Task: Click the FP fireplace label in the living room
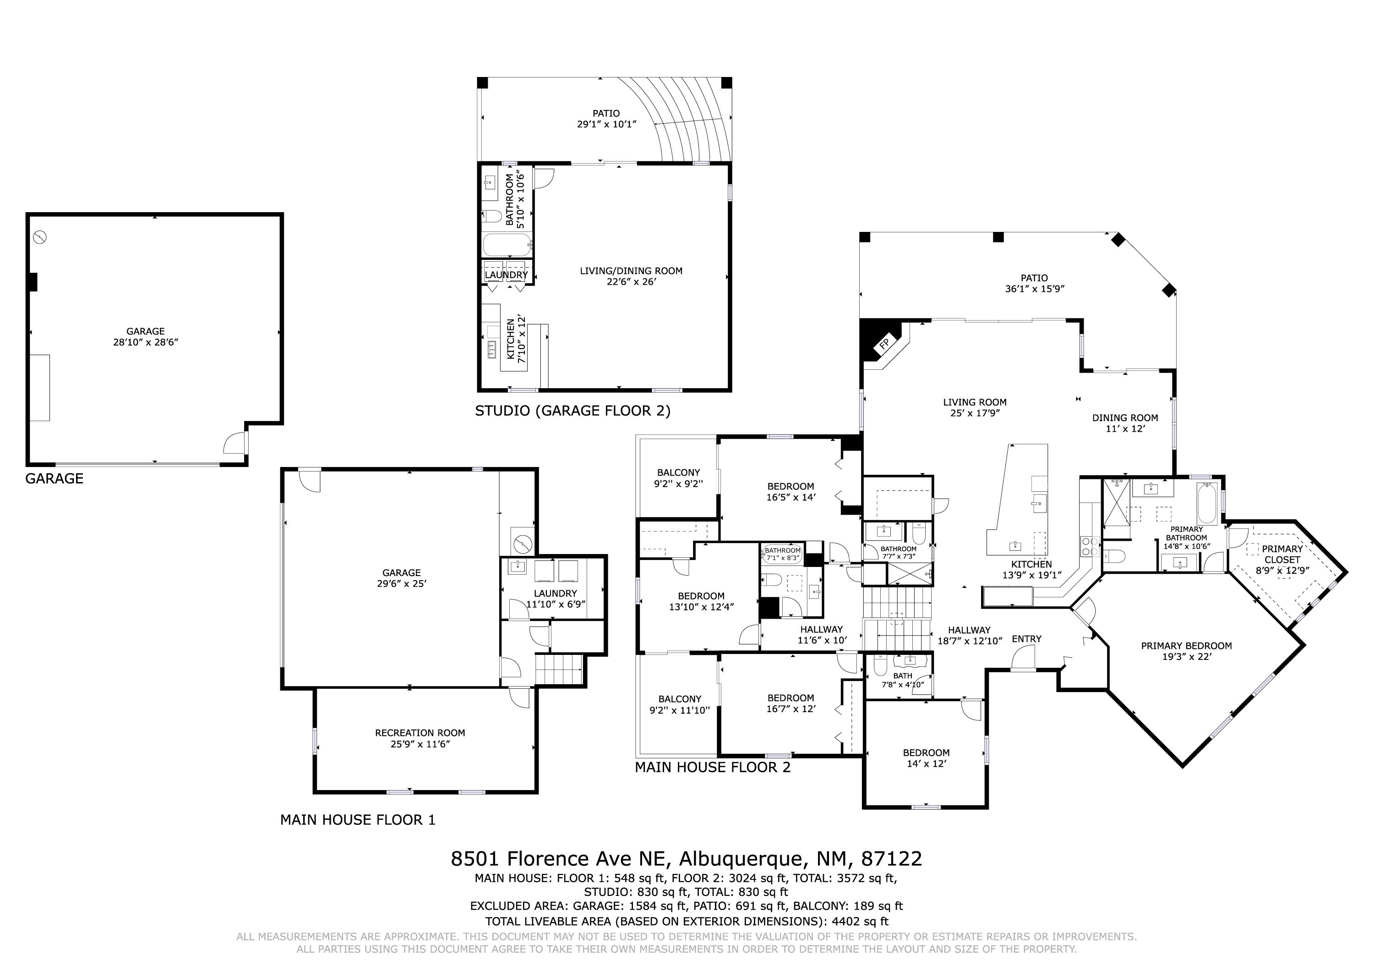pyautogui.click(x=884, y=344)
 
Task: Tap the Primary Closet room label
pyautogui.click(x=1282, y=554)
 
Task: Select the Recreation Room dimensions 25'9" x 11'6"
pyautogui.click(x=420, y=744)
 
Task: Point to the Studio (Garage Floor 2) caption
pyautogui.click(x=572, y=411)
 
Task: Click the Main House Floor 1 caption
pyautogui.click(x=358, y=820)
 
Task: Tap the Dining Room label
pyautogui.click(x=1125, y=418)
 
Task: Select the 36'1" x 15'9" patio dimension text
pyautogui.click(x=1035, y=289)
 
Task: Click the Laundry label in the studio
pyautogui.click(x=506, y=275)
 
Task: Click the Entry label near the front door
pyautogui.click(x=1027, y=639)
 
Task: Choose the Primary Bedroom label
pyautogui.click(x=1186, y=646)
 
